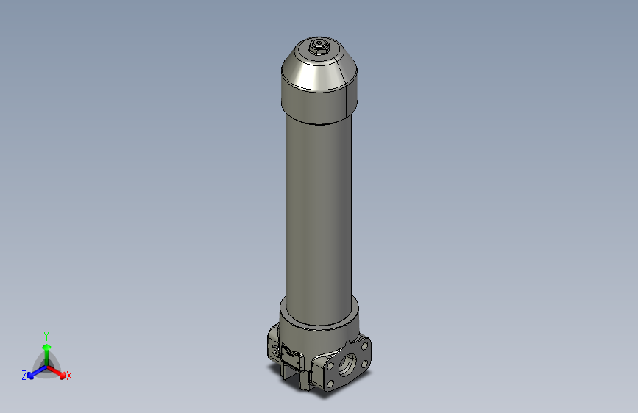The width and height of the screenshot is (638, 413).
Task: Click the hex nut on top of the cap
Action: [x=319, y=48]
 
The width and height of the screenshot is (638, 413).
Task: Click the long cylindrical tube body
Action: [x=319, y=213]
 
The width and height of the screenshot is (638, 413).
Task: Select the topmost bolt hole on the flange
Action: [x=365, y=344]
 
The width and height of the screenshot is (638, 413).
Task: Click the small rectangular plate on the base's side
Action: [x=290, y=359]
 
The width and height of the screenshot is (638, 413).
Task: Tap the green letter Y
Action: [x=46, y=335]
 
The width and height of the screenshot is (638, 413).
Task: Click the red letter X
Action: [x=69, y=376]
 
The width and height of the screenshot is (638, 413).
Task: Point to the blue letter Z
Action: [x=24, y=376]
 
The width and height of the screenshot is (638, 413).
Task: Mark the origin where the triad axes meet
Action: [x=46, y=365]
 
